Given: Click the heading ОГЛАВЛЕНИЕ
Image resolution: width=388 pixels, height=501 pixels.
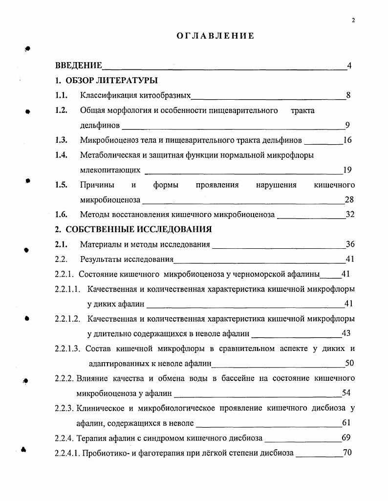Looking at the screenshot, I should click(x=216, y=36).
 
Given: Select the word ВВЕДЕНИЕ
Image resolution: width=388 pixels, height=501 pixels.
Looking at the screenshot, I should click(x=79, y=66).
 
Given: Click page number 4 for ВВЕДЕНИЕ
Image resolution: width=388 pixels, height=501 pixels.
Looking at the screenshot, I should click(x=349, y=66).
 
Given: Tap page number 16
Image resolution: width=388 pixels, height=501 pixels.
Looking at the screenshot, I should click(x=347, y=140).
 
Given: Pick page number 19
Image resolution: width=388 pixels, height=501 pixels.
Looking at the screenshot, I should click(x=347, y=170).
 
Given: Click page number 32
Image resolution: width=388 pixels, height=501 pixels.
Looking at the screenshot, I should click(x=349, y=215).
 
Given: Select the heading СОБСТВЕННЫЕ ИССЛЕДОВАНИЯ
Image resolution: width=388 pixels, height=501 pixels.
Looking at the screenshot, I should click(x=139, y=229).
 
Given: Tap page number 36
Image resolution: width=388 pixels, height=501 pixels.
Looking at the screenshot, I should click(x=350, y=244).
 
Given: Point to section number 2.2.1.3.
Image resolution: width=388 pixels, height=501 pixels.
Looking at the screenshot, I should click(x=68, y=349).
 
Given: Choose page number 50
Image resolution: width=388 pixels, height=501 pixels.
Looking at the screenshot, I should click(x=349, y=363).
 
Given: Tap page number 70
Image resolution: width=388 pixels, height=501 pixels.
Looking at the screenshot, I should click(x=347, y=453).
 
